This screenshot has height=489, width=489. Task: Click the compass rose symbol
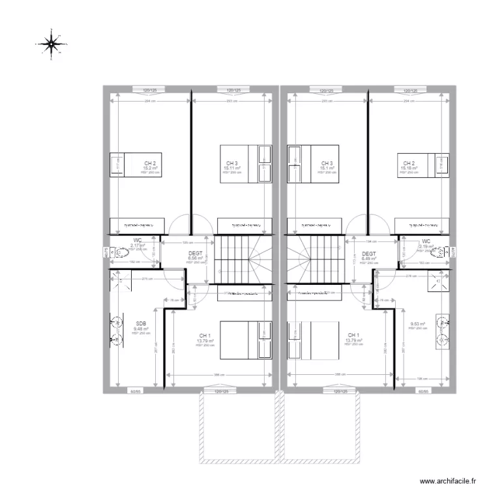pyautogui.click(x=50, y=43)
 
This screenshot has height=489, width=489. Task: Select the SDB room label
pyautogui.click(x=141, y=323)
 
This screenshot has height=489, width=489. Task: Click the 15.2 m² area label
pyautogui.click(x=150, y=168)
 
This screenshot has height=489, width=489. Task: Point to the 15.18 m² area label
pyautogui.click(x=409, y=168)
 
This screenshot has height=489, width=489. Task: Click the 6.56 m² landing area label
pyautogui.click(x=196, y=258)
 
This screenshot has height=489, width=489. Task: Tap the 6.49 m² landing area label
pyautogui.click(x=368, y=258)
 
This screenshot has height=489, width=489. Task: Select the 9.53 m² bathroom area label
pyautogui.click(x=417, y=323)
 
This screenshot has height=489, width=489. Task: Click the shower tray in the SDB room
pyautogui.click(x=120, y=279)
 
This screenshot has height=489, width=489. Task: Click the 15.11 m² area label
pyautogui.click(x=232, y=168)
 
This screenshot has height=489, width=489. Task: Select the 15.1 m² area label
pyautogui.click(x=327, y=168)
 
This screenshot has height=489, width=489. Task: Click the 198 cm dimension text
pyautogui.click(x=421, y=378)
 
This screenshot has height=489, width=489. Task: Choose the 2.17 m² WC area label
pyautogui.click(x=138, y=245)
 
